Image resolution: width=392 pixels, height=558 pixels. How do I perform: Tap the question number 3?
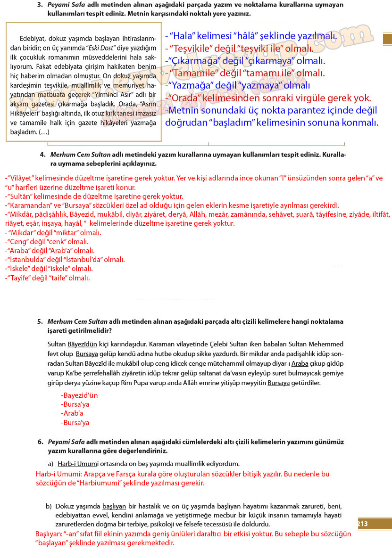point(41,4)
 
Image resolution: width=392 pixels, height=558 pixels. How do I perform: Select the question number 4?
point(42,155)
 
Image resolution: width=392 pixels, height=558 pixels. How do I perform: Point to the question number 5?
point(41,321)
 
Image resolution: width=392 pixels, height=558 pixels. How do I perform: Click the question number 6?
point(41,442)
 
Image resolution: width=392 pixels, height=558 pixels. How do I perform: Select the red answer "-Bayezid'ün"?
point(79,395)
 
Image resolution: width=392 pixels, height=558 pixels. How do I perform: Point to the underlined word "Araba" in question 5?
point(300,363)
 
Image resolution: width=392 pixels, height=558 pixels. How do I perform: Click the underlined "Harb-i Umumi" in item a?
point(76,464)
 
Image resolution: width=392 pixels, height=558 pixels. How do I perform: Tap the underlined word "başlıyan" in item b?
point(114,506)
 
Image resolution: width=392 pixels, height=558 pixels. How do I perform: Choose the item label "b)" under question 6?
point(49,506)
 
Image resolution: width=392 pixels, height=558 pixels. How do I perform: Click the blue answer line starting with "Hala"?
point(251,36)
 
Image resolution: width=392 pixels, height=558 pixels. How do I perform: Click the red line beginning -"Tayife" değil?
point(47,278)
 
